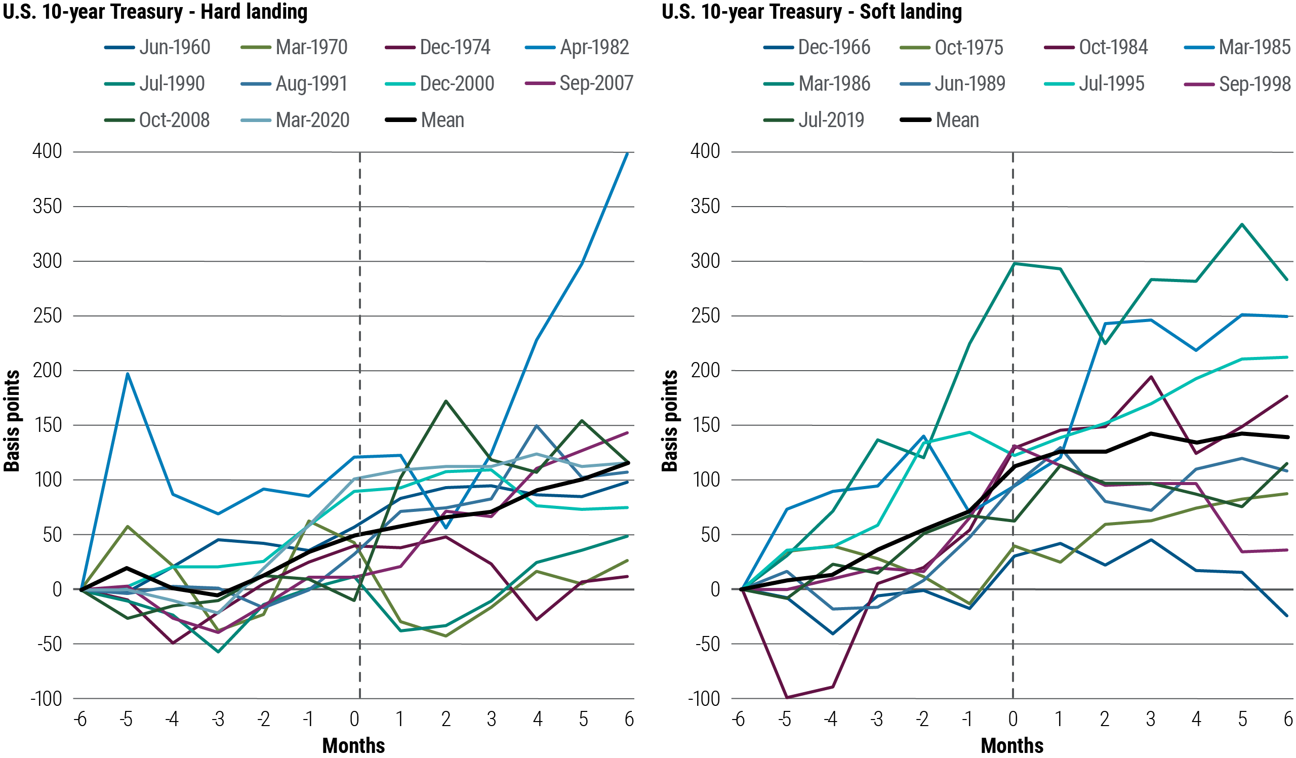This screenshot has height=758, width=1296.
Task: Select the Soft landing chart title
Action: (812, 12)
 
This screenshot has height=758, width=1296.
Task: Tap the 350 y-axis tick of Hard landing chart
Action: (47, 206)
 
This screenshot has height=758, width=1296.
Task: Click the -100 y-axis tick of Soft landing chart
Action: (704, 698)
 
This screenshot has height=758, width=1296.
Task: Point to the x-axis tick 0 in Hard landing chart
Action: (354, 719)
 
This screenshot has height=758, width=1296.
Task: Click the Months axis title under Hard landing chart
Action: (354, 745)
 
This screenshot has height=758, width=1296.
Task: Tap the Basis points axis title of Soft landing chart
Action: (670, 421)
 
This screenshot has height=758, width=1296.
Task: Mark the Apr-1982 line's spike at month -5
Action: (128, 374)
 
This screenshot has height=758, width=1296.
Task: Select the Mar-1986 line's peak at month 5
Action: (1242, 224)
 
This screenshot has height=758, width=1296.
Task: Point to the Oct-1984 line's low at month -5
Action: (786, 697)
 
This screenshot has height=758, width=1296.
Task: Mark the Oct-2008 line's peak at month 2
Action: (445, 401)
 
